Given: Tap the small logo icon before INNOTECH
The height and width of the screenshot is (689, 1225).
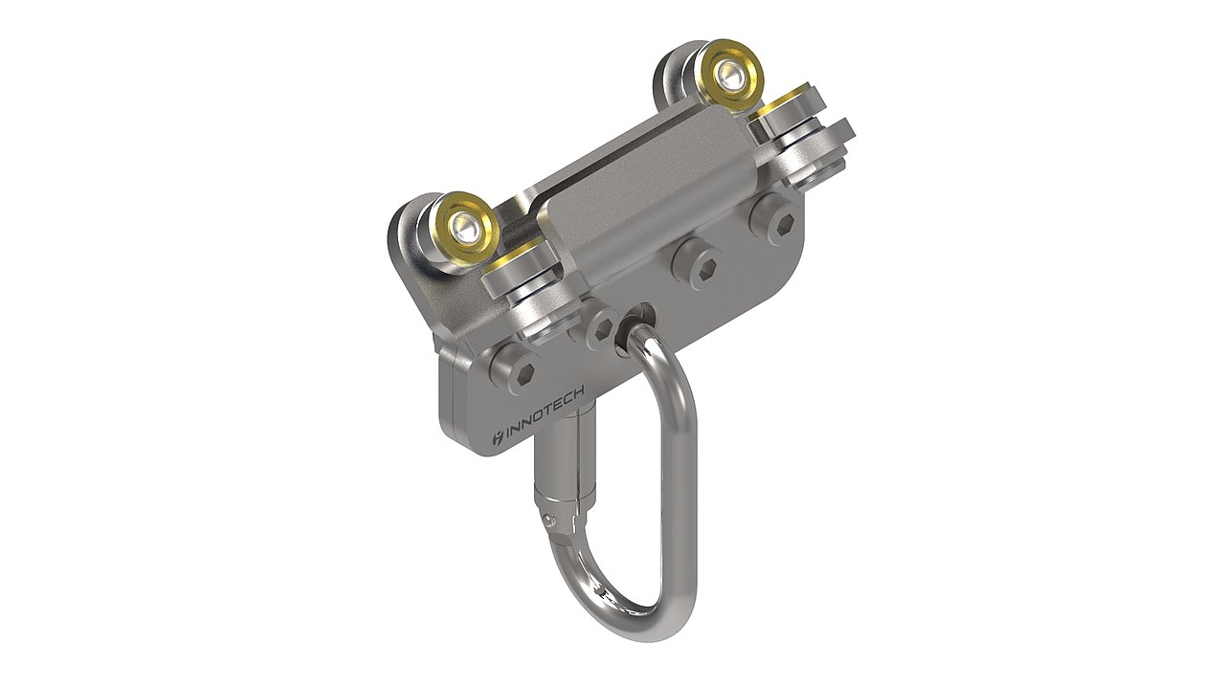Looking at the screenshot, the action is [x=495, y=440].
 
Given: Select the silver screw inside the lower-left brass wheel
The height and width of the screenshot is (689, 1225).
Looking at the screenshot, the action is [x=467, y=226].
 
